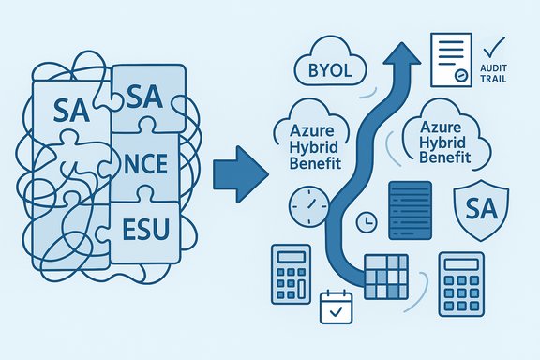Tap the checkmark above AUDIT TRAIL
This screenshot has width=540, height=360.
497,45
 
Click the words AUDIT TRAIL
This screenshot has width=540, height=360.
497,74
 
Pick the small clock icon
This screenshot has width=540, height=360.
367,221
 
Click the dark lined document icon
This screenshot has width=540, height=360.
409,209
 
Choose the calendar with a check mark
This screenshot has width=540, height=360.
335,307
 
